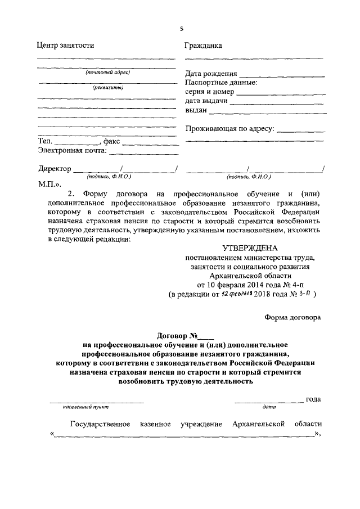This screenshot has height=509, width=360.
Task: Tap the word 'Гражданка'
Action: pyautogui.click(x=204, y=46)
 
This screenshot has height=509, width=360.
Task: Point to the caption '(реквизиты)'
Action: pyautogui.click(x=108, y=87)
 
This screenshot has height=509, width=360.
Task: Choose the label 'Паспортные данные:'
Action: pyautogui.click(x=222, y=83)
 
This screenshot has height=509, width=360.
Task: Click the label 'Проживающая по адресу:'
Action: pyautogui.click(x=229, y=129)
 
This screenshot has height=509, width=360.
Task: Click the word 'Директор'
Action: pyautogui.click(x=55, y=169)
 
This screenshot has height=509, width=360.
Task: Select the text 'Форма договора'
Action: pyautogui.click(x=292, y=317)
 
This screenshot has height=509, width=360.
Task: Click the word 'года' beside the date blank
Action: pyautogui.click(x=313, y=399)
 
